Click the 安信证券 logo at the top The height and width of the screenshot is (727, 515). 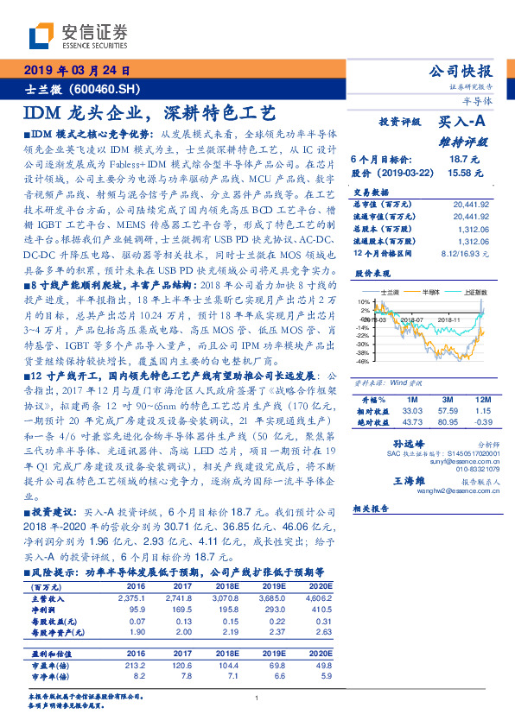pos(78,35)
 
